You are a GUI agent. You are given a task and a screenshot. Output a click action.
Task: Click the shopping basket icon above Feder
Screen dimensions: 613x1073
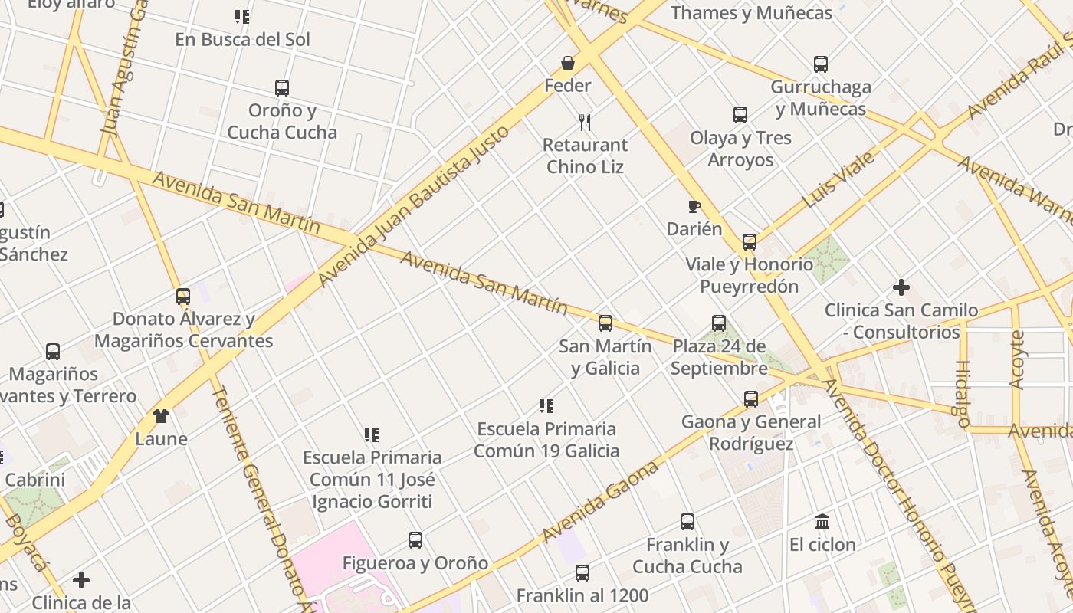click(x=568, y=63)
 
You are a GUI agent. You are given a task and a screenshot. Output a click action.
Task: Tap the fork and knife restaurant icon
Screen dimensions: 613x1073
click(x=585, y=122)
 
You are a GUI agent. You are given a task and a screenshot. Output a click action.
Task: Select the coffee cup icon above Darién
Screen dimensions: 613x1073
click(x=694, y=206)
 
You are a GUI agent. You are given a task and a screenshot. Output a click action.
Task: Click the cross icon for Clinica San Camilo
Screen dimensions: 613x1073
click(x=901, y=288)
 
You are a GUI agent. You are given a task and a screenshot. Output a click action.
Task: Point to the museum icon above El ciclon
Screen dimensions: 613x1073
click(x=822, y=522)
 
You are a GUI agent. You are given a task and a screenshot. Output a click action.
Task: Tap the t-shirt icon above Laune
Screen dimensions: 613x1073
click(x=161, y=416)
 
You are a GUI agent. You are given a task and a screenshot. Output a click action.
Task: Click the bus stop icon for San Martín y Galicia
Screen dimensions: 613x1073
click(x=605, y=323)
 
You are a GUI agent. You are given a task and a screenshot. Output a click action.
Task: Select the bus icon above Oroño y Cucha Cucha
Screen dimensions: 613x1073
click(x=282, y=88)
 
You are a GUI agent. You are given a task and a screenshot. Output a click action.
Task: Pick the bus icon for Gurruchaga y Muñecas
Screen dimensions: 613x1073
click(x=821, y=64)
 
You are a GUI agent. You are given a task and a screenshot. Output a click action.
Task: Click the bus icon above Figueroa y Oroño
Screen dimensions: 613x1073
click(x=415, y=540)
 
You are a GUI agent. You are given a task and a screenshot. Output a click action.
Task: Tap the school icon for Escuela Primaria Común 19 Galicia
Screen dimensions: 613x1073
click(x=546, y=406)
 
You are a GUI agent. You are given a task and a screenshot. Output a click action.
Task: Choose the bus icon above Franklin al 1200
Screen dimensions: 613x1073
click(x=582, y=573)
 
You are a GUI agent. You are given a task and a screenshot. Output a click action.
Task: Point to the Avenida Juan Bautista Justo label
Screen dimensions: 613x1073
click(x=414, y=205)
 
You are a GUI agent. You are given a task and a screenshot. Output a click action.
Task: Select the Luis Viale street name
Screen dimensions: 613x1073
click(x=838, y=180)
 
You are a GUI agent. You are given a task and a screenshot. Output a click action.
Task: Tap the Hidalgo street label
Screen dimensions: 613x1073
click(x=963, y=393)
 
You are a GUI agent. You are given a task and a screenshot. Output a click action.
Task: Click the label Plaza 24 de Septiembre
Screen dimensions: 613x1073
click(x=719, y=357)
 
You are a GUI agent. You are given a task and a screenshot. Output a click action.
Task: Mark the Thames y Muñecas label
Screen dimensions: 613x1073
click(x=751, y=13)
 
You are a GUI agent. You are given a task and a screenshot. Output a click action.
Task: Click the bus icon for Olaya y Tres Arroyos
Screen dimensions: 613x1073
click(x=740, y=115)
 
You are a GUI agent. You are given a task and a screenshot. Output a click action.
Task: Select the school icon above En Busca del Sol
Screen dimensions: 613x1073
click(x=242, y=17)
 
